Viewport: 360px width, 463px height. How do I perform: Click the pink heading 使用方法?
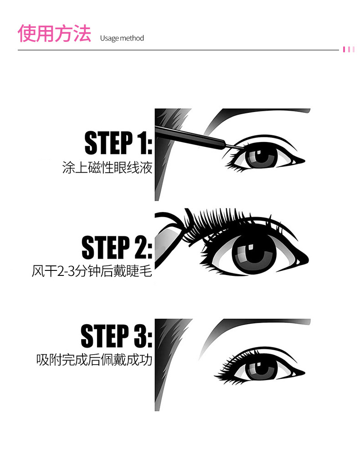click(54, 34)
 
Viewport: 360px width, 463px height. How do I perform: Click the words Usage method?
click(122, 38)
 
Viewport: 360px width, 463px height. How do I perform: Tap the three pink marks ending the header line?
click(349, 49)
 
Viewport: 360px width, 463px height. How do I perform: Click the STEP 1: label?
click(118, 142)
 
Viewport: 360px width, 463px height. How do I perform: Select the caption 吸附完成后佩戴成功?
click(94, 360)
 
